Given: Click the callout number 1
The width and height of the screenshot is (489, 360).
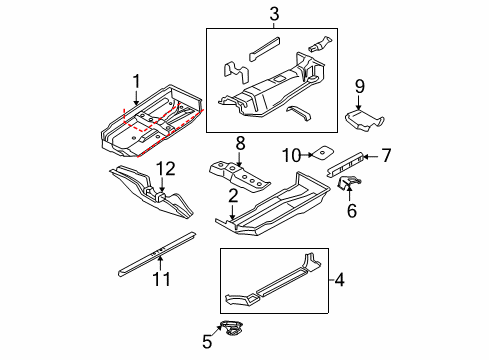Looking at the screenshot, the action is (136, 82).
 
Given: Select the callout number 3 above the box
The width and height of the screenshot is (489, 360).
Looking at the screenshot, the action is (274, 14).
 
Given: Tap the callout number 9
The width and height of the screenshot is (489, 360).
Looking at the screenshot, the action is (360, 86).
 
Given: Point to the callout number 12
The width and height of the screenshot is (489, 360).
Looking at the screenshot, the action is (166, 169).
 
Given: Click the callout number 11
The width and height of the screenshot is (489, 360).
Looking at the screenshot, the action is (161, 279).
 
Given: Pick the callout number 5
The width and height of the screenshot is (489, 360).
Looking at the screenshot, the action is (207, 342).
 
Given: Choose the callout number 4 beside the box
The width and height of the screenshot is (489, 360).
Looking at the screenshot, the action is (339, 279).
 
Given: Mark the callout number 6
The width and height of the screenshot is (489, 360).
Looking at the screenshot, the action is (352, 211).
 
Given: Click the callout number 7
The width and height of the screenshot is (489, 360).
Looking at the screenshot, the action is (386, 155).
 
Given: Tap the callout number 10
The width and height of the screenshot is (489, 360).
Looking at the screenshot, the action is (292, 155).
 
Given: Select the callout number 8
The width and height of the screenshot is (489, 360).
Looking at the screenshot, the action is (240, 144).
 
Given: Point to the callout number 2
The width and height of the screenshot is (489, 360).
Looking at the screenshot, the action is (233, 196).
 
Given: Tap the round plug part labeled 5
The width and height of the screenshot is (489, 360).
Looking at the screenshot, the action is (232, 327).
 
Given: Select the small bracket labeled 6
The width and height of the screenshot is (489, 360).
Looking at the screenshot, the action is (349, 183).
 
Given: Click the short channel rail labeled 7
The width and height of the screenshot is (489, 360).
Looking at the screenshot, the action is (345, 164).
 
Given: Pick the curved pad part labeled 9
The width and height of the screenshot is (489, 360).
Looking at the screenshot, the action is (363, 120).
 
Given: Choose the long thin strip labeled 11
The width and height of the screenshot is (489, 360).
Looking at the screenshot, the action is (157, 254).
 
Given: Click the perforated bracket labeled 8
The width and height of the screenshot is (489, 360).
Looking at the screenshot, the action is (239, 177).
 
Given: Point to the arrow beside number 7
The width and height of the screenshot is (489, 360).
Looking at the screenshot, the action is (371, 156).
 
